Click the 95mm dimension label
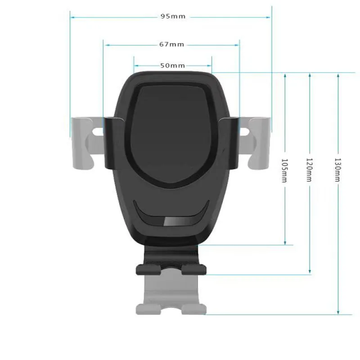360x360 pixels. (x=173, y=17)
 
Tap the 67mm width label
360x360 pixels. (x=171, y=44)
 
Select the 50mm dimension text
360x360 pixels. (x=173, y=65)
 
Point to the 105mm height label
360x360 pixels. (x=284, y=170)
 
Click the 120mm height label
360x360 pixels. (x=309, y=170)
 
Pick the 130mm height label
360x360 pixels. (x=337, y=170)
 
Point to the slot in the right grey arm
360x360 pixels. (x=244, y=131)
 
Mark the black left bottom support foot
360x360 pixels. (x=148, y=269)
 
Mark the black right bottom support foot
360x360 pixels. (x=194, y=269)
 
